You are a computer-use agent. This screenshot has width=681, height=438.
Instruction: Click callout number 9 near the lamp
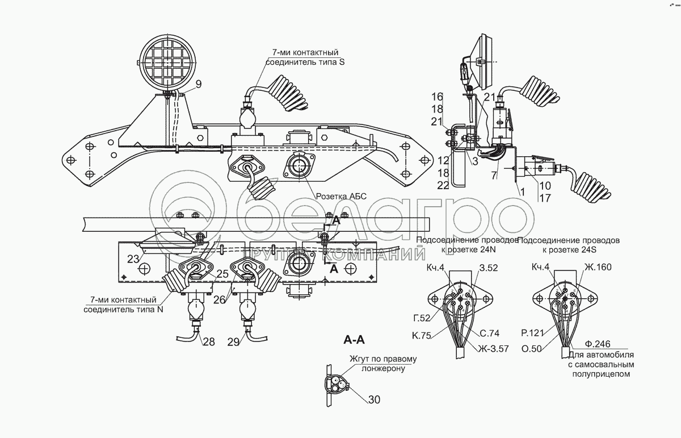tap(198, 85)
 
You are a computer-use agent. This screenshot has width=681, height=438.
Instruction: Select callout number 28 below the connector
tap(209, 341)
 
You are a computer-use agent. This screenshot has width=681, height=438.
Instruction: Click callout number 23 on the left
tap(133, 259)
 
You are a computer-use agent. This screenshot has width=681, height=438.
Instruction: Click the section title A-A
tap(354, 340)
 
